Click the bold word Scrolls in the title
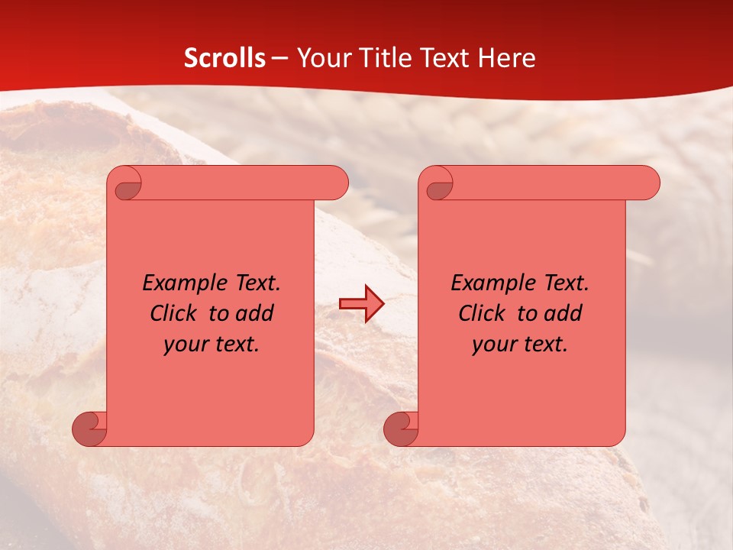pyautogui.click(x=224, y=58)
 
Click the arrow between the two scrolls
pyautogui.click(x=361, y=304)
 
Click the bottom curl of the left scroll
pyautogui.click(x=90, y=429)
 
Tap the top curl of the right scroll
pyautogui.click(x=438, y=184)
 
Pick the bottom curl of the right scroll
pyautogui.click(x=402, y=429)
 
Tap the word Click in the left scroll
pyautogui.click(x=166, y=313)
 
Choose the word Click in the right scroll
pyautogui.click(x=475, y=313)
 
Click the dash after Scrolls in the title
pyautogui.click(x=279, y=58)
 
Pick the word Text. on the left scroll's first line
pyautogui.click(x=255, y=283)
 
